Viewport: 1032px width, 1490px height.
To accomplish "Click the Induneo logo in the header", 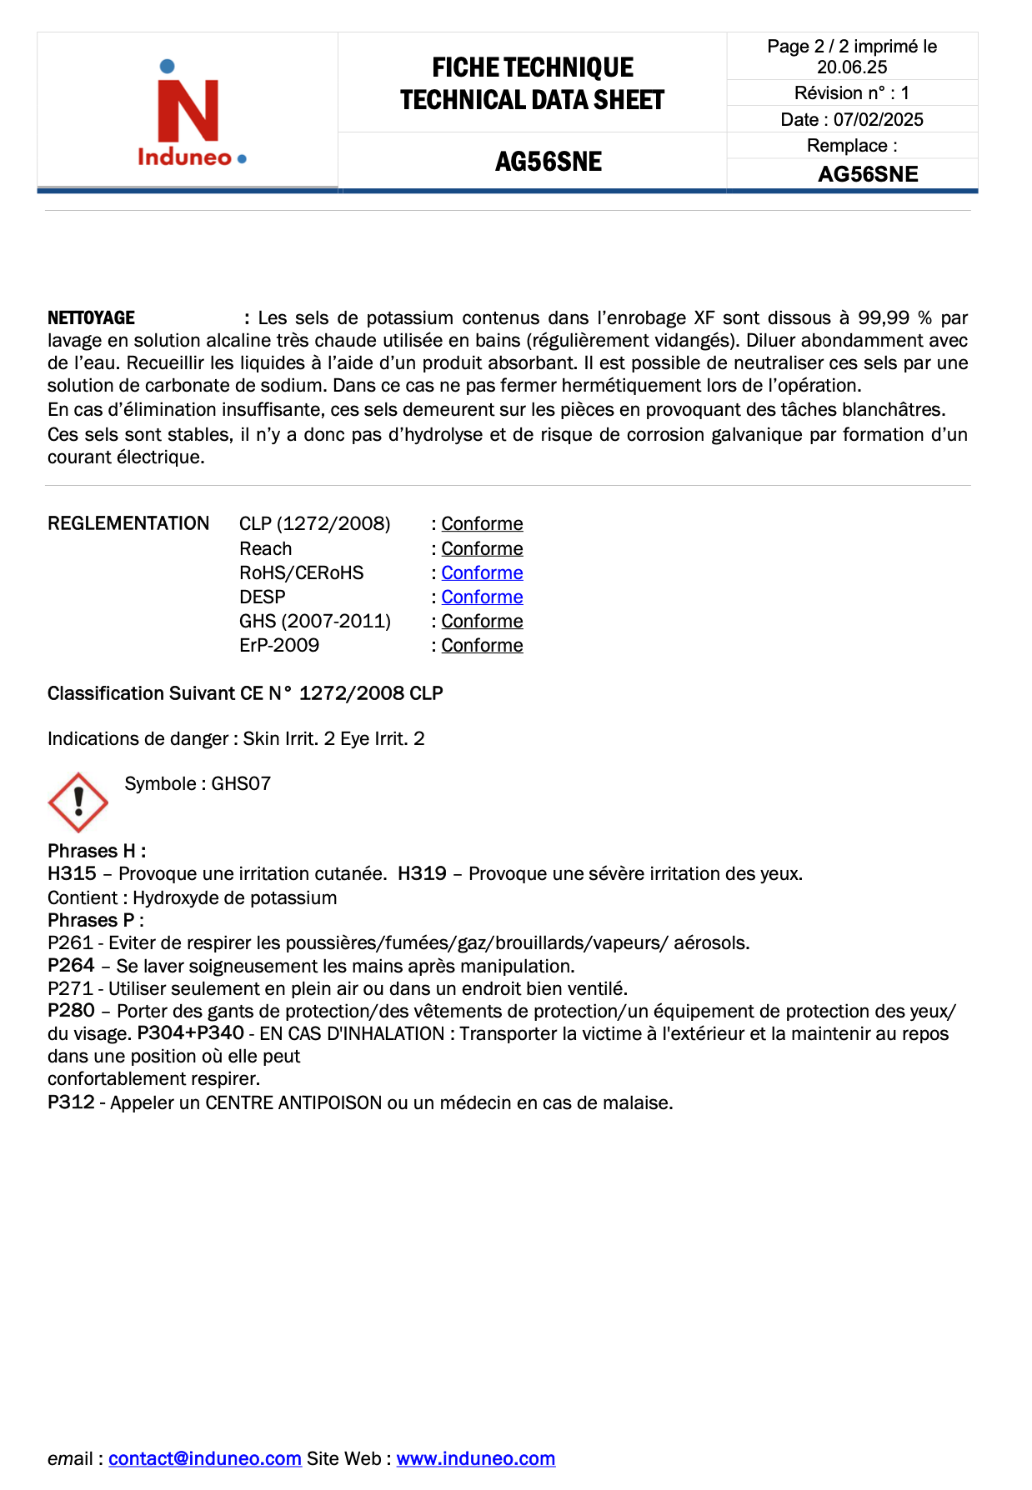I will pyautogui.click(x=190, y=112).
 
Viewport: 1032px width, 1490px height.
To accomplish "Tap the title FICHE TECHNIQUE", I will pyautogui.click(x=532, y=67).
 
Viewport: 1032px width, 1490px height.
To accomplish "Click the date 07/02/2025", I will pyautogui.click(x=878, y=119).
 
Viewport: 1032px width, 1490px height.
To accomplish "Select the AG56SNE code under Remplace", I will pyautogui.click(x=867, y=174).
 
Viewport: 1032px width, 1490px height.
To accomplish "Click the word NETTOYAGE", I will pyautogui.click(x=91, y=317).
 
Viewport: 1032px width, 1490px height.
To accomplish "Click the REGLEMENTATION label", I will pyautogui.click(x=128, y=523).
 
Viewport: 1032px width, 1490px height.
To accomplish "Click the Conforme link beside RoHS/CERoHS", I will pyautogui.click(x=482, y=572).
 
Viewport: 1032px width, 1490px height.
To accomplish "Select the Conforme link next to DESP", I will pyautogui.click(x=482, y=597).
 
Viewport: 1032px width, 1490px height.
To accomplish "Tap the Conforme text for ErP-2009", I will pyautogui.click(x=482, y=645).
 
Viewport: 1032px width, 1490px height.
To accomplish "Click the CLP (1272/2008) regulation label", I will pyautogui.click(x=314, y=523).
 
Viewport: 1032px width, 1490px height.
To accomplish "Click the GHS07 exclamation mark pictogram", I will pyautogui.click(x=78, y=802).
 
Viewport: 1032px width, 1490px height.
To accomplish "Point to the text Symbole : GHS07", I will pyautogui.click(x=198, y=783).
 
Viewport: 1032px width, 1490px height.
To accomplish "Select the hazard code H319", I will pyautogui.click(x=422, y=873).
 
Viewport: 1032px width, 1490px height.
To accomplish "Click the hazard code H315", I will pyautogui.click(x=72, y=873).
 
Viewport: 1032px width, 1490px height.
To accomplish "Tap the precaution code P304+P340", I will pyautogui.click(x=190, y=1033).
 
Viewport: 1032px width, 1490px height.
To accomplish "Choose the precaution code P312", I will pyautogui.click(x=71, y=1102).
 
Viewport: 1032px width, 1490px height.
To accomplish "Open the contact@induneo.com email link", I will pyautogui.click(x=204, y=1458).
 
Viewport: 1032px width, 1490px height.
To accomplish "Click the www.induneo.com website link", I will pyautogui.click(x=475, y=1458).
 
